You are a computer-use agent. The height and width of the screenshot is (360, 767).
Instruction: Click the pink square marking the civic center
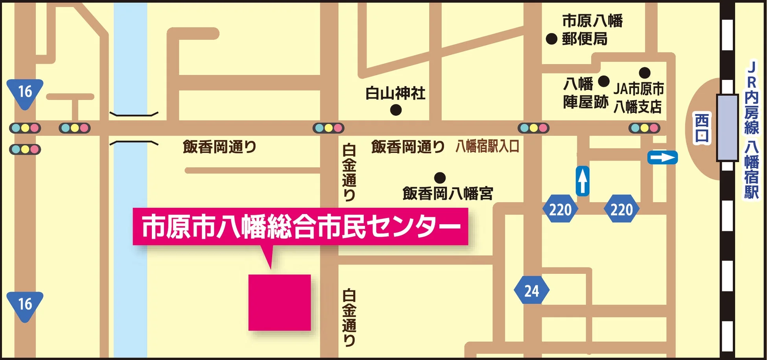[279, 302]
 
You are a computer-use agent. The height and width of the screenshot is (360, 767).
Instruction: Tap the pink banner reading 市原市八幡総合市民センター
[300, 227]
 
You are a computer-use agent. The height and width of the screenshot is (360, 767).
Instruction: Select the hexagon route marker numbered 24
[531, 290]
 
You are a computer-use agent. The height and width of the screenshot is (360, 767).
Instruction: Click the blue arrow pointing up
[583, 181]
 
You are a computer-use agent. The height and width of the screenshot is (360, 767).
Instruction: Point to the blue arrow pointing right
[662, 158]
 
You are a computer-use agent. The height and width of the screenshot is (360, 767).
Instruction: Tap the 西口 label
[702, 128]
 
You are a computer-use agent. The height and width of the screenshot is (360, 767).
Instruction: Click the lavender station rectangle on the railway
[727, 127]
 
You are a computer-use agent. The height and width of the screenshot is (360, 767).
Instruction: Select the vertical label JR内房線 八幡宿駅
[751, 130]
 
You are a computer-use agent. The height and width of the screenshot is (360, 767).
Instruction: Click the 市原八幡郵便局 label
[592, 30]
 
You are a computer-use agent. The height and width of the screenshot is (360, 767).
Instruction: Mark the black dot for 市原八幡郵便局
[551, 39]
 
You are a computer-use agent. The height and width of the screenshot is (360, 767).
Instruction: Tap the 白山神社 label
[395, 93]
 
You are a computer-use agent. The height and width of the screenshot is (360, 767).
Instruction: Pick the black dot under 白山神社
[396, 110]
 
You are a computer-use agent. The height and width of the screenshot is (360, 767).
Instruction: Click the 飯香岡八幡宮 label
[448, 194]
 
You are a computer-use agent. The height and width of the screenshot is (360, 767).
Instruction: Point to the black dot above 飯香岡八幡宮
[440, 178]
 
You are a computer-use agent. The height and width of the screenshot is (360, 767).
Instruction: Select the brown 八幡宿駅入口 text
[487, 146]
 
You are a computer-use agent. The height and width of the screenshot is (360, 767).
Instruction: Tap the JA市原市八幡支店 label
[638, 98]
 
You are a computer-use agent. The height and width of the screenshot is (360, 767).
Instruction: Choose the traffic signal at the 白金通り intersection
[328, 128]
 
